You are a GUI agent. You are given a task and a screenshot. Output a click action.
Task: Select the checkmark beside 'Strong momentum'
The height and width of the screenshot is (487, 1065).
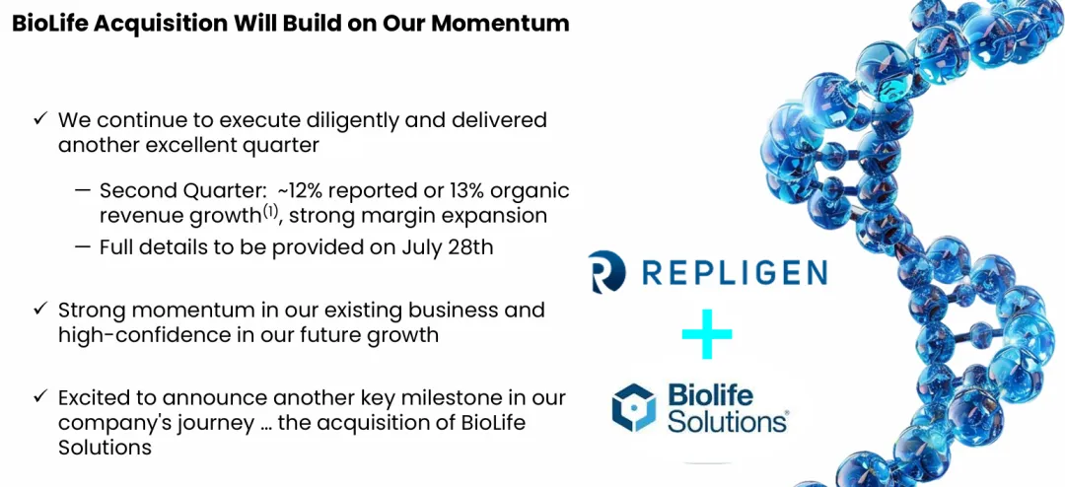(40, 309)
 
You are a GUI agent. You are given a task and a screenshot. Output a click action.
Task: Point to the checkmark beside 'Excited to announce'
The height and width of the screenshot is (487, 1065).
(40, 396)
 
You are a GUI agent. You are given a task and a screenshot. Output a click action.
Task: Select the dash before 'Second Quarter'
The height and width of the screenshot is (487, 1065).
(83, 191)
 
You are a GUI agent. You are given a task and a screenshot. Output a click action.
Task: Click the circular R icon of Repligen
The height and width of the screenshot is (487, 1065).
(604, 272)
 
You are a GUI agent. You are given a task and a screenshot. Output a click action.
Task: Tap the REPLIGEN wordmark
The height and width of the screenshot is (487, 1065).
(735, 272)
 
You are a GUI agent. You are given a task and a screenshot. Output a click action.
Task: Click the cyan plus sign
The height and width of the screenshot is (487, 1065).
(707, 333)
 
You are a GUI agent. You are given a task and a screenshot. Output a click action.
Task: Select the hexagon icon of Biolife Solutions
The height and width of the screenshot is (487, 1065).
(634, 407)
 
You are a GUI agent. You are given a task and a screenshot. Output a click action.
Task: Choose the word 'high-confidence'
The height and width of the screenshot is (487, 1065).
(140, 335)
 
